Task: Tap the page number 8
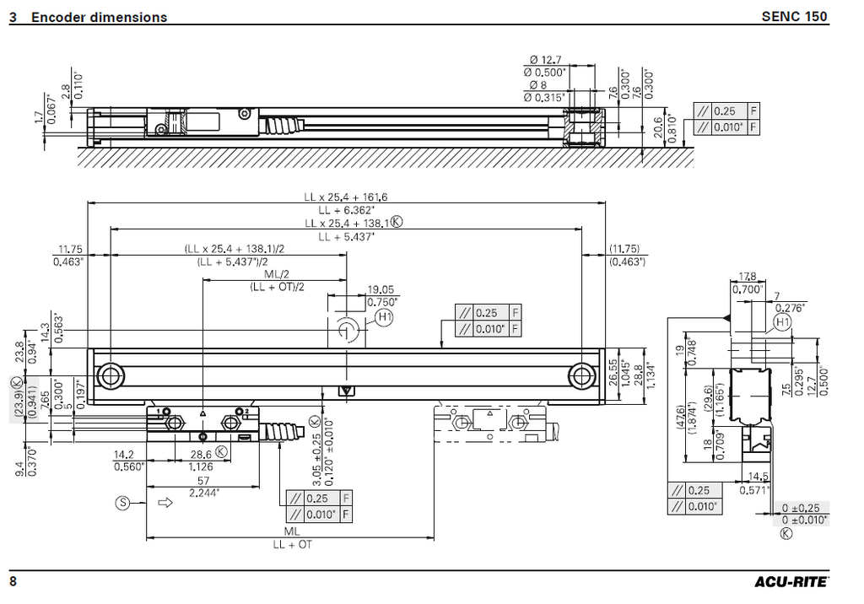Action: [13, 581]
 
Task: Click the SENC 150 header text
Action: [794, 16]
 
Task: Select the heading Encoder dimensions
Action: [99, 17]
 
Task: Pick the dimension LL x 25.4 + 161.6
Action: [346, 197]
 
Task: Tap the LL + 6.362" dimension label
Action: [346, 209]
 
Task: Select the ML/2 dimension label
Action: [276, 275]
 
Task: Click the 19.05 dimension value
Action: [381, 289]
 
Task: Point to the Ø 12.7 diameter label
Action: [546, 59]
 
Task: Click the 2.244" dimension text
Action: [204, 492]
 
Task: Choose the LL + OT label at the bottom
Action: [292, 544]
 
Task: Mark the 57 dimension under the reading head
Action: [203, 480]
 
